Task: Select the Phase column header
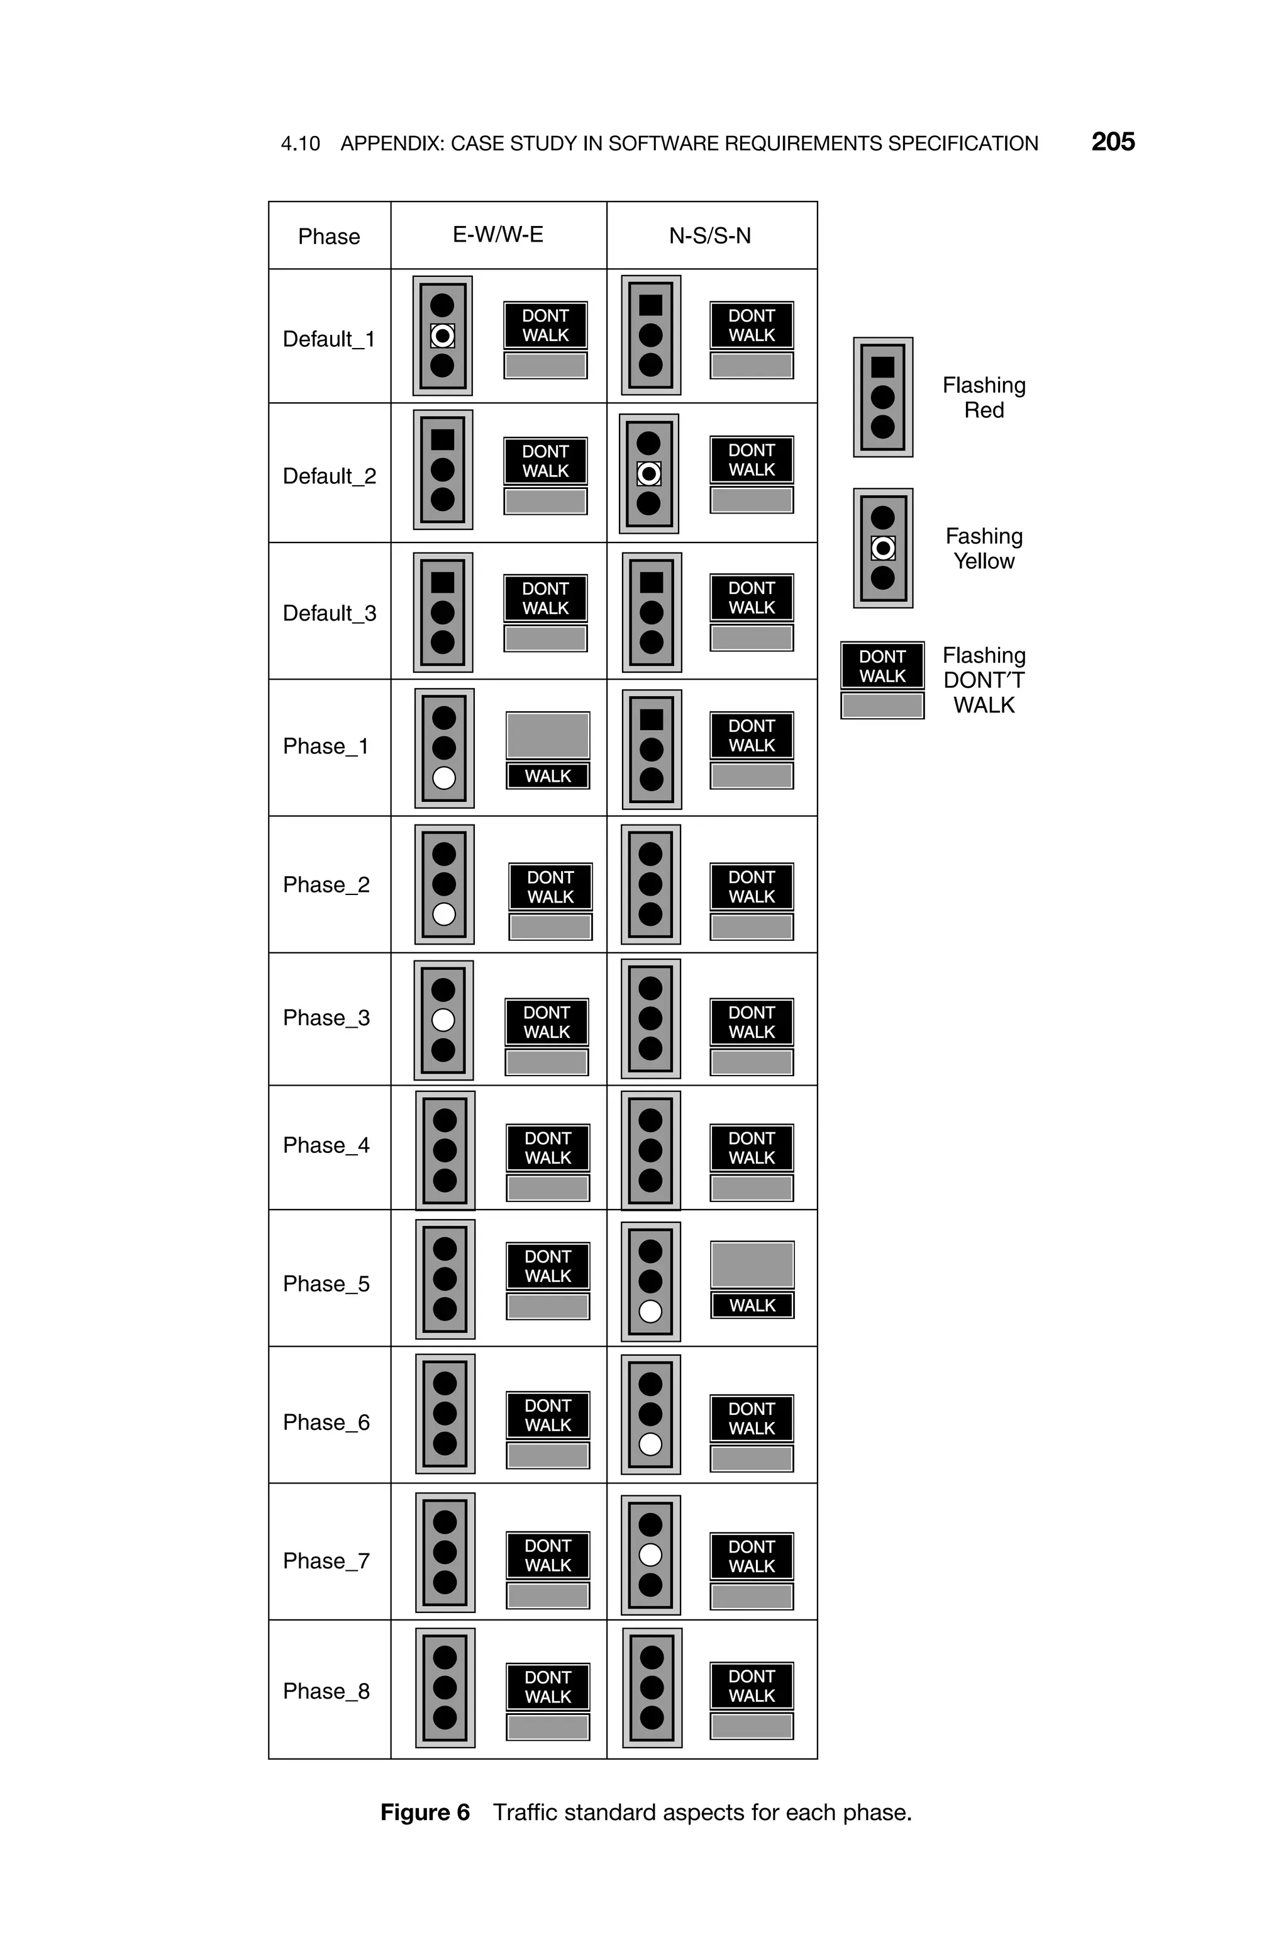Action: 328,237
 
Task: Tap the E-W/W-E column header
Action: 498,235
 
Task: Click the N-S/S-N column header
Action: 709,236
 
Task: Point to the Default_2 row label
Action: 328,476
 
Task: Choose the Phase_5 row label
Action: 326,1284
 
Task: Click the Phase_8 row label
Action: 326,1691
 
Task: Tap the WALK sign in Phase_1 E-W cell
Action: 547,776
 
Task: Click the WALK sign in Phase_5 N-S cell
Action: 752,1305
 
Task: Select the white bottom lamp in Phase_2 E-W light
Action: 443,914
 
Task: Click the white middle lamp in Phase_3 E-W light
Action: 443,1020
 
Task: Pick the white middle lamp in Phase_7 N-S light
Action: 650,1555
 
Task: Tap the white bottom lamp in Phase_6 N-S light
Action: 650,1444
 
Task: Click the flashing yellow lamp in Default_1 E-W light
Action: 442,335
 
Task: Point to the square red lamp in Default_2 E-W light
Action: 442,440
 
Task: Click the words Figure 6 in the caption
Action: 425,1813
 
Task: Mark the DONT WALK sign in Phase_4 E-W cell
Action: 547,1148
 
